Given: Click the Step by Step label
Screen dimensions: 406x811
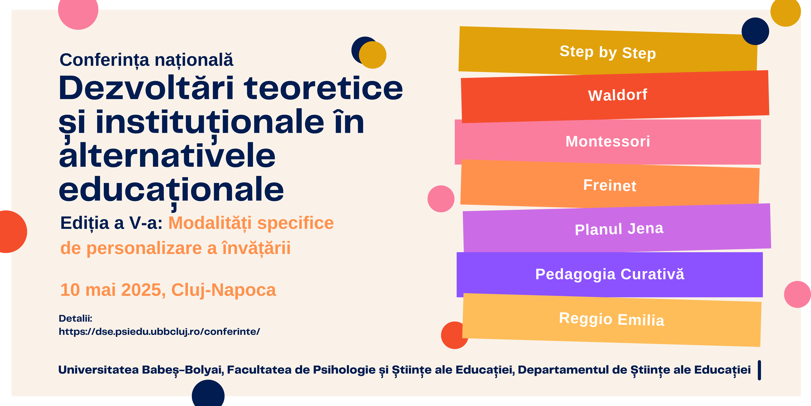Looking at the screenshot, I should pyautogui.click(x=608, y=52).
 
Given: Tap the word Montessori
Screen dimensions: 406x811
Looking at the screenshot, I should pyautogui.click(x=608, y=141).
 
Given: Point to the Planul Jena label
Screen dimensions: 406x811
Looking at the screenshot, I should pyautogui.click(x=619, y=229).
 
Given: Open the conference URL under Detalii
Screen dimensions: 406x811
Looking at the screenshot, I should pyautogui.click(x=159, y=332).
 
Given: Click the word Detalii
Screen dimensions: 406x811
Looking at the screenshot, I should pyautogui.click(x=75, y=318).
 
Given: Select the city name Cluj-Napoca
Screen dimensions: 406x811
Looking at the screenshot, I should pyautogui.click(x=224, y=290).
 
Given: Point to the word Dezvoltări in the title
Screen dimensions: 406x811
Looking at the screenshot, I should pyautogui.click(x=146, y=88).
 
